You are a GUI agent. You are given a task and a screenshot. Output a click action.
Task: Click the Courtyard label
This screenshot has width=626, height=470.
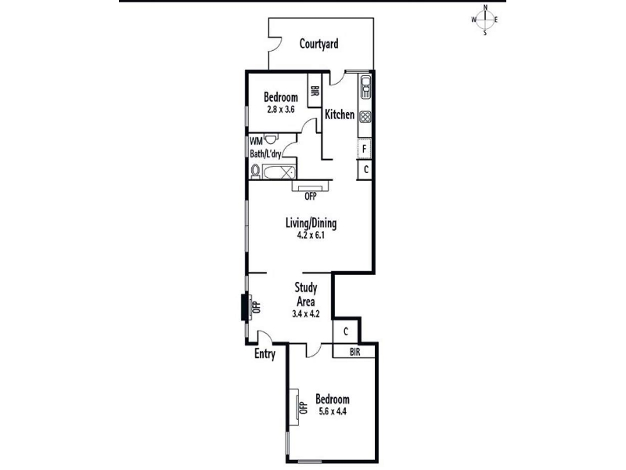point(318,44)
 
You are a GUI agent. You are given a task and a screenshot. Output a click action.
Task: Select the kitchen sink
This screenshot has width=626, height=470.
point(365,87)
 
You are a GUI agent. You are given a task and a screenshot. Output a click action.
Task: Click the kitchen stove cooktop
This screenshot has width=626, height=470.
point(365,117)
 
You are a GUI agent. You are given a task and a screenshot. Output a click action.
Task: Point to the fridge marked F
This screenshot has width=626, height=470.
point(364,149)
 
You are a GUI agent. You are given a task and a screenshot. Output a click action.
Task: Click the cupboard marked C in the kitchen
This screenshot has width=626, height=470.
point(365,169)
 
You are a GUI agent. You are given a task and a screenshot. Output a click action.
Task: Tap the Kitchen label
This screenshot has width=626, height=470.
point(340,114)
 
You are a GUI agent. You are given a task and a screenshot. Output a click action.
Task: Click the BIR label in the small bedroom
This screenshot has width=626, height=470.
point(315,91)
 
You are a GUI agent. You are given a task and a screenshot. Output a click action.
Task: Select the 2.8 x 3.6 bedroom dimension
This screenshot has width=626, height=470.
point(281,110)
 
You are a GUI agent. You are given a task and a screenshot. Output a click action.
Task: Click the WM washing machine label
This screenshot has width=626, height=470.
point(256,141)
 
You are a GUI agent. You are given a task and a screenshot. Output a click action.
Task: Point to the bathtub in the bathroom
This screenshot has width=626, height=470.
point(279,172)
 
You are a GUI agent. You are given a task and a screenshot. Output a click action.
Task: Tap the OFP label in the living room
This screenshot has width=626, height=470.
point(310,197)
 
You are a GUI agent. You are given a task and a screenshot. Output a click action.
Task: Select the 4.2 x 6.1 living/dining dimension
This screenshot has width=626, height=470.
point(311,236)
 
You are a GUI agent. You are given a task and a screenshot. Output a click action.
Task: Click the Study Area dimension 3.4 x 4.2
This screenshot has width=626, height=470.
point(306,314)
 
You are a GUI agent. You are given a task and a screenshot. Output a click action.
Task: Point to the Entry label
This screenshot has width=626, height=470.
point(264,354)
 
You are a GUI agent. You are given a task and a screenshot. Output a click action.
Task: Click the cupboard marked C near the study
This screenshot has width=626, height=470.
point(346,331)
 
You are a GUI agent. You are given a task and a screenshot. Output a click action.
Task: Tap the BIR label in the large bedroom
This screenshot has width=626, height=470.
point(355,352)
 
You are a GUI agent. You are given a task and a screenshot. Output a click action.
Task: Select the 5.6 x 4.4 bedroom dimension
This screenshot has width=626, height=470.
point(332,411)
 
